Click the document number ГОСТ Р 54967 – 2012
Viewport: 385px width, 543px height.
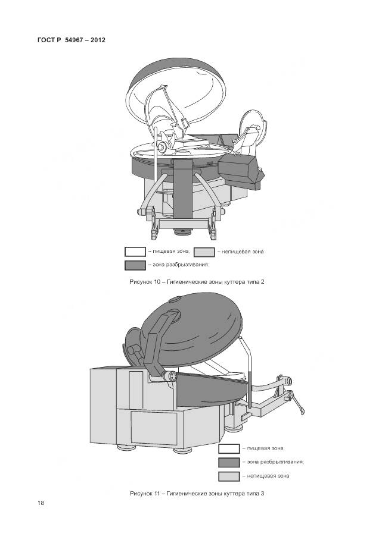tap(71, 40)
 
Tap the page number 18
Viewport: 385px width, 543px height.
tap(41, 503)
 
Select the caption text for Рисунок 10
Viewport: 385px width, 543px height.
tap(197, 282)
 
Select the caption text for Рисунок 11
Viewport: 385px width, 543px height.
tap(197, 493)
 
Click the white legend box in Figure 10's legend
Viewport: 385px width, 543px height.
tap(135, 252)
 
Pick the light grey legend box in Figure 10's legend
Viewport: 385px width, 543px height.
tap(204, 252)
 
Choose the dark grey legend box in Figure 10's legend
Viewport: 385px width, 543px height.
tap(135, 265)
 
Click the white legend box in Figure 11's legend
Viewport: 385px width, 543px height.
tap(229, 449)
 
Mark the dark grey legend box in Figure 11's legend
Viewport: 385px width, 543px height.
tap(229, 462)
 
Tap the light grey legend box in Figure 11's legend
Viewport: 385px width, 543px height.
tap(229, 476)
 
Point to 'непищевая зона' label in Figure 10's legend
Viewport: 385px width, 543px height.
tap(243, 252)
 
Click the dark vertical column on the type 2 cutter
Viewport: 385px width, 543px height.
tap(183, 189)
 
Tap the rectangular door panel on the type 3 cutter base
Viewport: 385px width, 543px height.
tap(154, 428)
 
